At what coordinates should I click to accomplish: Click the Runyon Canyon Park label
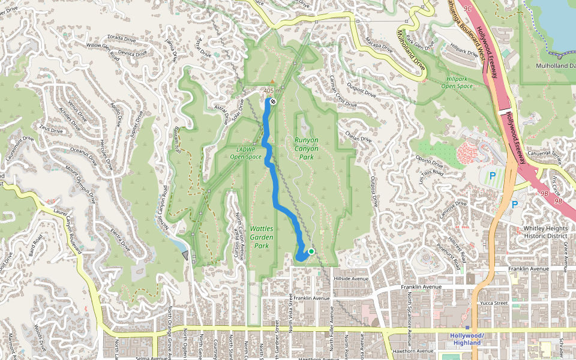(306, 148)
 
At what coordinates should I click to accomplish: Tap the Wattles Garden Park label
(262, 237)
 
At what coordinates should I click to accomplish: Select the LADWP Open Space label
(245, 153)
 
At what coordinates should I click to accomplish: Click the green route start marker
(311, 251)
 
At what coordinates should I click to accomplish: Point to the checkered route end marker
(272, 102)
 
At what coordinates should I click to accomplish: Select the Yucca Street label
(494, 304)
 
